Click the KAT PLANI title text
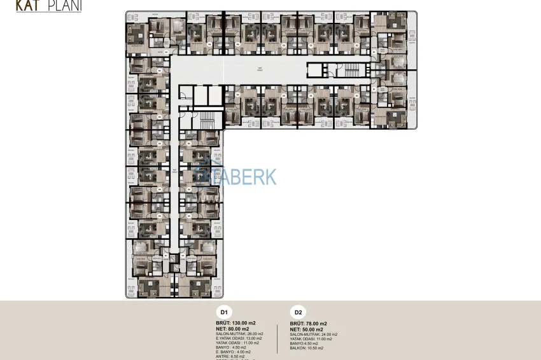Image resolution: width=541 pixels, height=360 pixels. (x=48, y=6)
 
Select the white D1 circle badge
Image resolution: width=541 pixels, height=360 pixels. (x=224, y=312)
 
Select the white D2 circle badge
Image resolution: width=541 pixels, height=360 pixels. (x=297, y=312)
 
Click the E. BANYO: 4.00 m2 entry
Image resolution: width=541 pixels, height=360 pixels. (x=234, y=352)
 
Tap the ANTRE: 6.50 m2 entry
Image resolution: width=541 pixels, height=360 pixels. (x=232, y=356)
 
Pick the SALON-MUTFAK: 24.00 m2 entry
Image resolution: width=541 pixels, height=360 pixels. (x=313, y=335)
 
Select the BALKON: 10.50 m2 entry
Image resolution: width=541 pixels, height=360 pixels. (x=306, y=348)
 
